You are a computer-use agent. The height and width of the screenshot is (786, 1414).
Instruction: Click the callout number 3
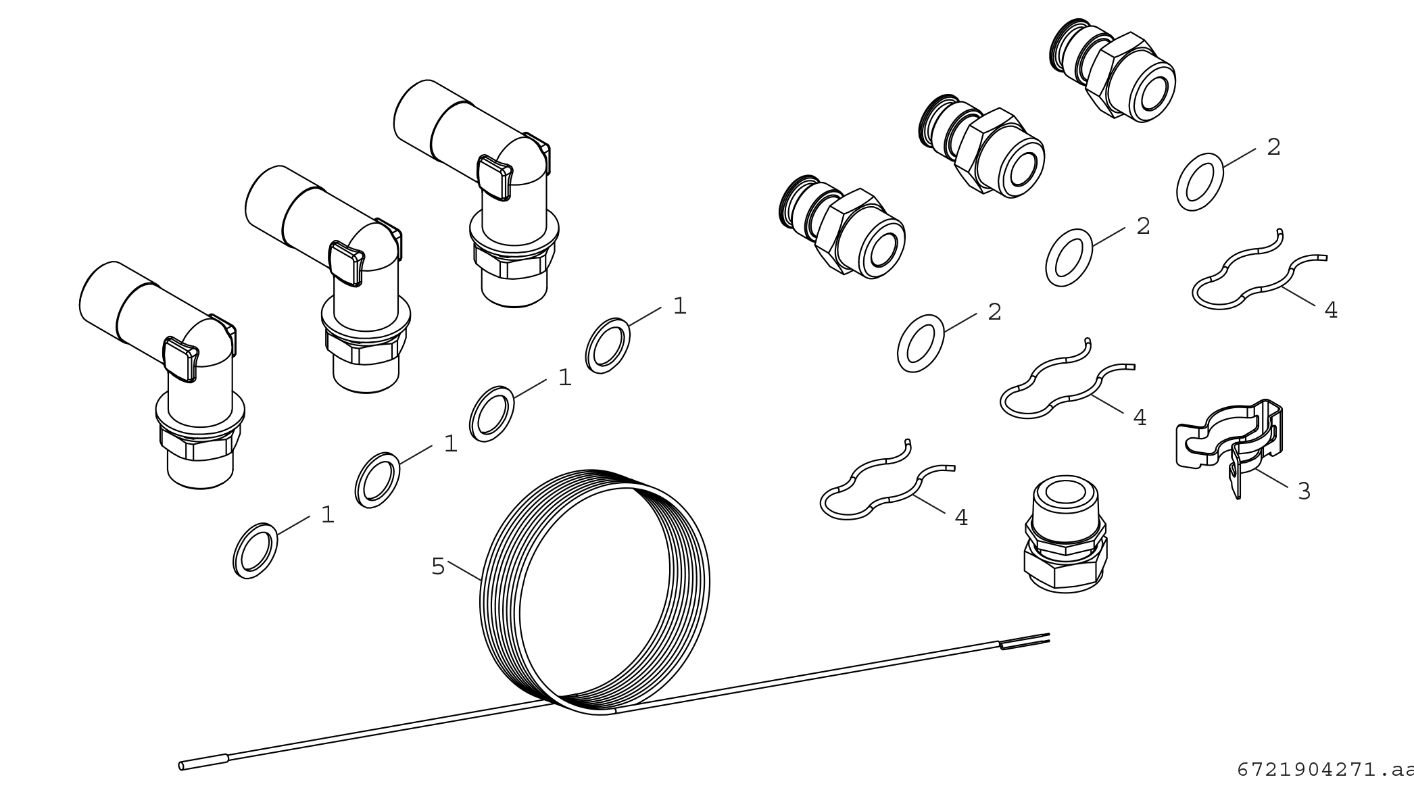(x=1304, y=491)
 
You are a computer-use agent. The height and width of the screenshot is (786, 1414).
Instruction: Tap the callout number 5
(x=438, y=566)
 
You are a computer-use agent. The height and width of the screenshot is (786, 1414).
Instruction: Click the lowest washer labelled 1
(x=255, y=551)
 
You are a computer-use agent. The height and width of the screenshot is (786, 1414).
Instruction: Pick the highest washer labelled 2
(x=1200, y=182)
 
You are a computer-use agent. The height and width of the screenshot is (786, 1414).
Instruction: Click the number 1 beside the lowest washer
(x=328, y=515)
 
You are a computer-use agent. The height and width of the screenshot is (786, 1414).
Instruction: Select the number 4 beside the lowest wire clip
(x=961, y=517)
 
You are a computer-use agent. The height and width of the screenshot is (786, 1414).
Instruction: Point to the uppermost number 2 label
(x=1273, y=147)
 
